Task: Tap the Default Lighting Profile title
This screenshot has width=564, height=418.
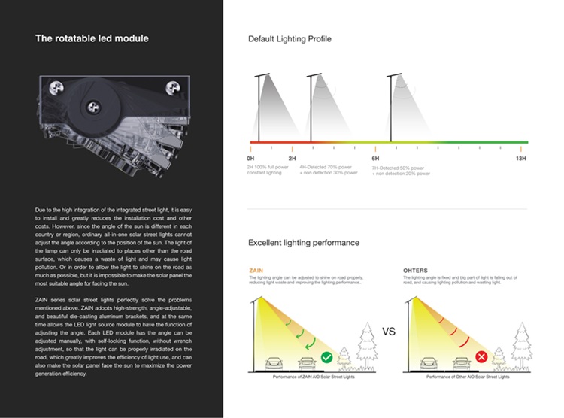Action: (x=290, y=38)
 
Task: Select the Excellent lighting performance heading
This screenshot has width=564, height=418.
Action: (x=304, y=243)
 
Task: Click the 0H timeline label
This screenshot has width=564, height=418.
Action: (x=250, y=159)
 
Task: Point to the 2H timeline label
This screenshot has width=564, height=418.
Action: (x=292, y=159)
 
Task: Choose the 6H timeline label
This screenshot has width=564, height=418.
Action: (x=375, y=159)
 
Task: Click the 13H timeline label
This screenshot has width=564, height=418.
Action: (x=520, y=159)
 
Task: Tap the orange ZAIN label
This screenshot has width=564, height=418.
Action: (x=256, y=271)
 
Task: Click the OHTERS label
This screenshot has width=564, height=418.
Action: (x=416, y=271)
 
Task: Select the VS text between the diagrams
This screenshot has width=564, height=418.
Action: (x=389, y=332)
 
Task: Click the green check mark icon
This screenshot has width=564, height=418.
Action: (x=326, y=358)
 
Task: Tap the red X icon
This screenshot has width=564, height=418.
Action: (x=481, y=358)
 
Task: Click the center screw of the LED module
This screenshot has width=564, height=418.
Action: (x=93, y=107)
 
